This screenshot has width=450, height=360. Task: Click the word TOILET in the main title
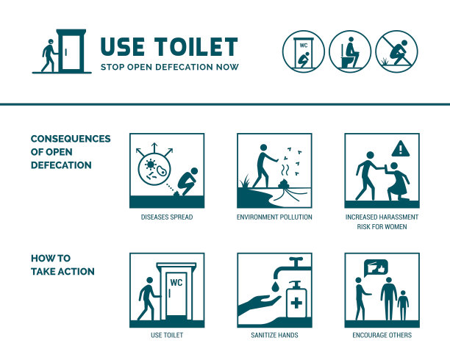point(196,46)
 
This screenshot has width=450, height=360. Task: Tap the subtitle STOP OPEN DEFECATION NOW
point(170,67)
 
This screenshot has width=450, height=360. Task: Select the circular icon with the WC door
point(304,51)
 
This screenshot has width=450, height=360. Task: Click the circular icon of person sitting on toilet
point(350,51)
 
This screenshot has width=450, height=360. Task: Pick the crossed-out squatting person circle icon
point(396,51)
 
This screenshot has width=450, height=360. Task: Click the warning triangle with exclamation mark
point(400,148)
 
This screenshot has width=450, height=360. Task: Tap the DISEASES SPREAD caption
point(167,217)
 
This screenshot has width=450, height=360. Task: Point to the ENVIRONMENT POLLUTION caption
point(274,217)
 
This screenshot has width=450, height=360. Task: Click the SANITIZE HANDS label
point(274,335)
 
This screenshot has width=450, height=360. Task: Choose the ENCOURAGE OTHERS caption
point(382,335)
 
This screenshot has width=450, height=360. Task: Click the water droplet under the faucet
point(276,287)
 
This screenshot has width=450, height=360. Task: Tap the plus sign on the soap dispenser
point(296,303)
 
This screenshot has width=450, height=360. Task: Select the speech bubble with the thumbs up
point(376,267)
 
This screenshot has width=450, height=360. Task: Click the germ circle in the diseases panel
point(154,169)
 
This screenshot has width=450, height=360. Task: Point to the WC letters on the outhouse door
point(176,283)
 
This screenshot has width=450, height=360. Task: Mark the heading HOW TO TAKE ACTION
point(63,264)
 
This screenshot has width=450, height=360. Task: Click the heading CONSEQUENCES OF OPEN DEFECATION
point(71,152)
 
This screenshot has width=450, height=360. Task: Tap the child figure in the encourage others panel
point(403,305)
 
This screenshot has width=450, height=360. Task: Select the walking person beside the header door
point(49,55)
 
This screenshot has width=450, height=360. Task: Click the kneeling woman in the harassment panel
point(398,181)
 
